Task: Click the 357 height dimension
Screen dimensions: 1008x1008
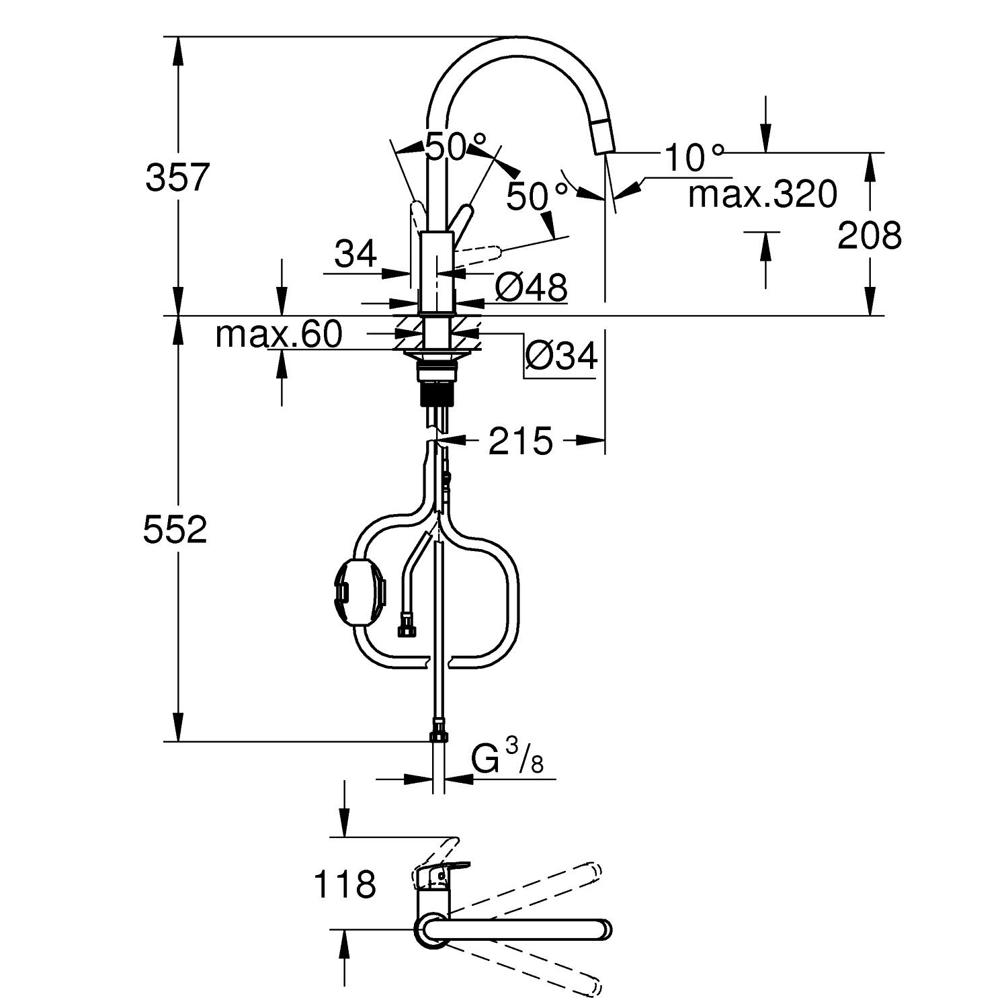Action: [x=178, y=177]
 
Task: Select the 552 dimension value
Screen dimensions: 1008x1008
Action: [x=175, y=530]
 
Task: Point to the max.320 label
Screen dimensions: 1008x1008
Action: [x=763, y=194]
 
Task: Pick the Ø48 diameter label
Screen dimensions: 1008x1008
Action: [x=531, y=288]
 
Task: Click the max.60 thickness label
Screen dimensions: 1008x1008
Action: [x=279, y=334]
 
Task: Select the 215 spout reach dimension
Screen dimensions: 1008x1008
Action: [x=520, y=442]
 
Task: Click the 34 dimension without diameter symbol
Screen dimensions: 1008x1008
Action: [x=355, y=255]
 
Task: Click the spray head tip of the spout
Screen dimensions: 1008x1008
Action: [x=602, y=138]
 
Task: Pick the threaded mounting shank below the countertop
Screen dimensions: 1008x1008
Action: [x=437, y=389]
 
